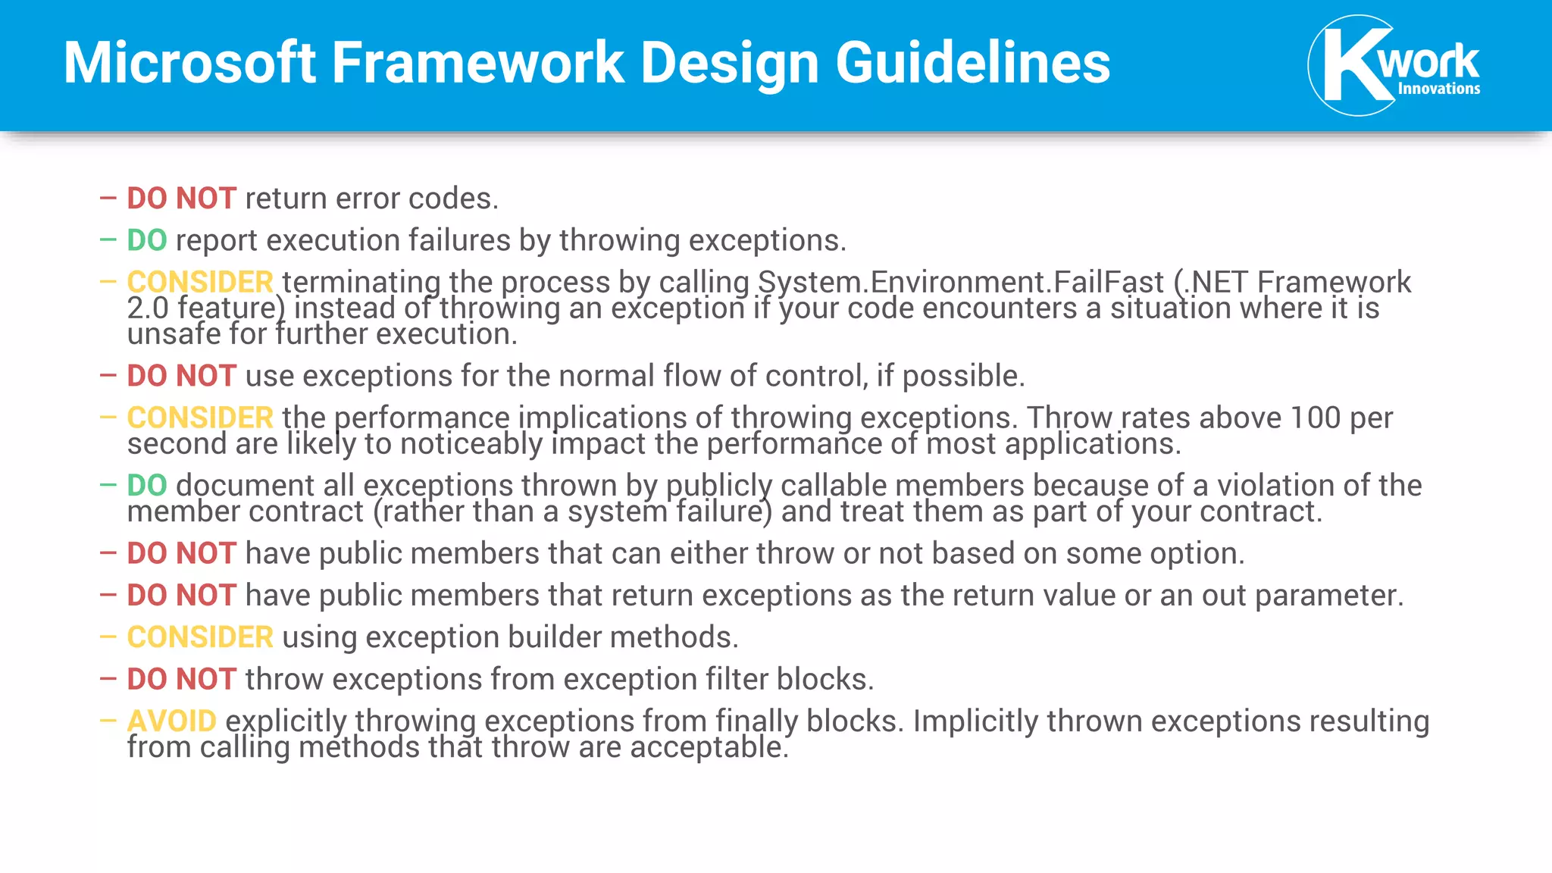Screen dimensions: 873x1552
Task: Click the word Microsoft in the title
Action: (189, 62)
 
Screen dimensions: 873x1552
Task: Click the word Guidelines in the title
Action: (973, 62)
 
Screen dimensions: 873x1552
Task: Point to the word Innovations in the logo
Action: (1438, 89)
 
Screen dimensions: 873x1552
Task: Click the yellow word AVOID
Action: (172, 721)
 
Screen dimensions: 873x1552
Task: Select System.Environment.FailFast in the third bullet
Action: (961, 282)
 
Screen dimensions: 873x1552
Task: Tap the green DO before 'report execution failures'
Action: (147, 240)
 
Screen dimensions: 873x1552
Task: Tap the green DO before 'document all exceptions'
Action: (147, 485)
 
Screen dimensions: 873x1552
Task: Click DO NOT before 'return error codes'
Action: (182, 199)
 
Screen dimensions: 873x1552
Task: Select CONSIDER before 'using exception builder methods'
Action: (200, 637)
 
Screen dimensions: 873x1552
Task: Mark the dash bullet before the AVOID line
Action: (108, 721)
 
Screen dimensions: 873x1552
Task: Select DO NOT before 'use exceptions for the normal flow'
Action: (182, 376)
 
